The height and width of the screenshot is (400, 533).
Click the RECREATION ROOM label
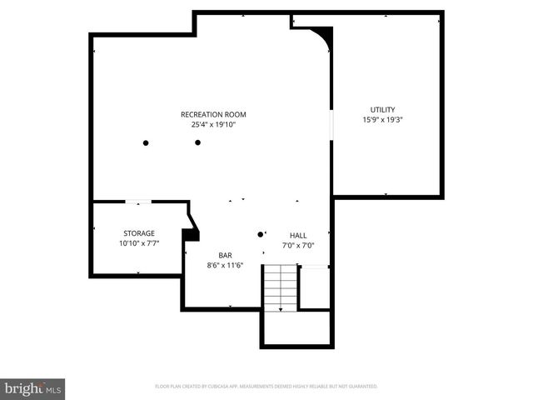point(213,115)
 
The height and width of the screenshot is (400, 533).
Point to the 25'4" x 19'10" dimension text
point(213,125)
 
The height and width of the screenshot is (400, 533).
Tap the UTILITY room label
point(383,109)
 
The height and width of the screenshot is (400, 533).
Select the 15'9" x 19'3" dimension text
point(383,119)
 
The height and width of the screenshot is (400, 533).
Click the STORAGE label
point(139,233)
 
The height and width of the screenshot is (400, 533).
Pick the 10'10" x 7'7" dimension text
point(139,243)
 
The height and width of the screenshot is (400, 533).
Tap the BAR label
point(225,255)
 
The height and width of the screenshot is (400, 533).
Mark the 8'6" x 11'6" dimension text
point(225,265)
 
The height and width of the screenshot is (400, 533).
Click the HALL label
point(297,235)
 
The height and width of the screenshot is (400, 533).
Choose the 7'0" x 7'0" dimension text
point(297,245)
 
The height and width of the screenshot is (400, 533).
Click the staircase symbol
point(281,287)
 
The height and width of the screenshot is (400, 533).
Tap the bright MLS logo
point(33,388)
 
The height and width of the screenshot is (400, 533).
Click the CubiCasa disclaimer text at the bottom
point(266,387)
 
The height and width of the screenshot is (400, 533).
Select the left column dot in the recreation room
point(146,142)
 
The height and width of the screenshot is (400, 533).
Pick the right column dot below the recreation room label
point(198,142)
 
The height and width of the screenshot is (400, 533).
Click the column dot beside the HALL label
point(261,234)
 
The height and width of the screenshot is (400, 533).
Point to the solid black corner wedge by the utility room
point(324,36)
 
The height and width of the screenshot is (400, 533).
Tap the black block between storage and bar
point(191,235)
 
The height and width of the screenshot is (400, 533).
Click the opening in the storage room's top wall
point(138,202)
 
